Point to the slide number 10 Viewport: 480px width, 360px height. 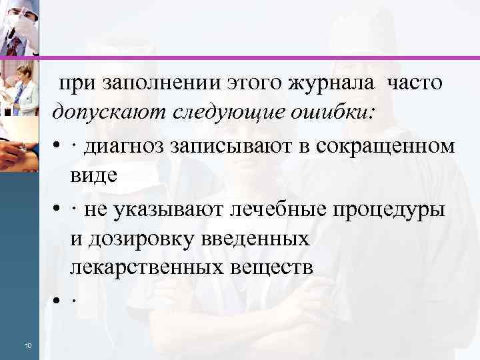point(27,345)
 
